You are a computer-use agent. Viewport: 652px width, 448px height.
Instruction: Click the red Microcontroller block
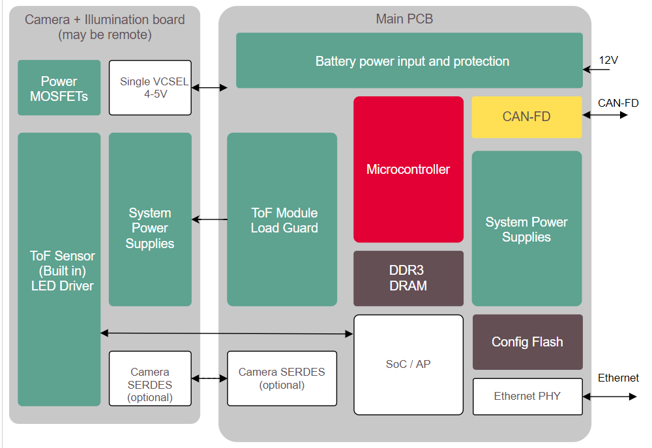pos(408,169)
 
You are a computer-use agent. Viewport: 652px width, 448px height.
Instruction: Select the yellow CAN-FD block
pos(526,117)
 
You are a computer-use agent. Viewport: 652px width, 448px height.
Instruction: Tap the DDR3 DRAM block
pos(408,278)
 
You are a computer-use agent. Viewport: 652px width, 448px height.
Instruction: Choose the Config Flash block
pos(527,342)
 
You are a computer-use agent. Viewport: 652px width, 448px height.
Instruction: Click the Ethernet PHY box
pos(527,396)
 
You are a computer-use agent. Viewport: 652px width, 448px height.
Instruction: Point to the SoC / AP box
pos(408,365)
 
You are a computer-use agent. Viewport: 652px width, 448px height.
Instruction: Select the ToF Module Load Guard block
pos(282,220)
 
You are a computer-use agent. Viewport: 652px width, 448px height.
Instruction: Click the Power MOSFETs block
pos(59,88)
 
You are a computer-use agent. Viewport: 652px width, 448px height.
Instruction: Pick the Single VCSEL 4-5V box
pos(150,88)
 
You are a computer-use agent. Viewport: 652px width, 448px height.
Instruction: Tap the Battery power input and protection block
pos(409,61)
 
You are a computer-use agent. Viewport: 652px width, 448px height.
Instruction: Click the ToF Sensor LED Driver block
pos(59,270)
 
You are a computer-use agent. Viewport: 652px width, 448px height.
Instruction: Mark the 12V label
pos(608,60)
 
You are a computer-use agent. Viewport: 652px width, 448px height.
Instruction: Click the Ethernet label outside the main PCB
pos(618,378)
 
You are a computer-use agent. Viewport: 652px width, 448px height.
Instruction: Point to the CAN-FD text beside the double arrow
pos(617,103)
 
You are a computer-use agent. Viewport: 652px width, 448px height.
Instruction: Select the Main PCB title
pos(404,19)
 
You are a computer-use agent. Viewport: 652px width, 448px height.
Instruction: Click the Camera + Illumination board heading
pos(104,27)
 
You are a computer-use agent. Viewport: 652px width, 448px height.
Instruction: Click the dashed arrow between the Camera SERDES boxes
pos(209,378)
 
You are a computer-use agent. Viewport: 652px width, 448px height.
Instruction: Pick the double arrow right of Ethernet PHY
pos(610,396)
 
